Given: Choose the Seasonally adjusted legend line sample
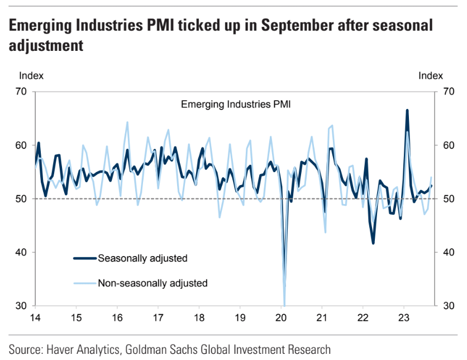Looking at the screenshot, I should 84,258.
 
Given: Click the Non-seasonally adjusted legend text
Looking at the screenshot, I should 153,283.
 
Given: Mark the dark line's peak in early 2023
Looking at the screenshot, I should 407,110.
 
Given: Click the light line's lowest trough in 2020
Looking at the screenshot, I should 284,305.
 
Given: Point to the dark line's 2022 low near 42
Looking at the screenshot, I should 373,243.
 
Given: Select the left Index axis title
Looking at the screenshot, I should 31,75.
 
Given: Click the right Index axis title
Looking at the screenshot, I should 431,75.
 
